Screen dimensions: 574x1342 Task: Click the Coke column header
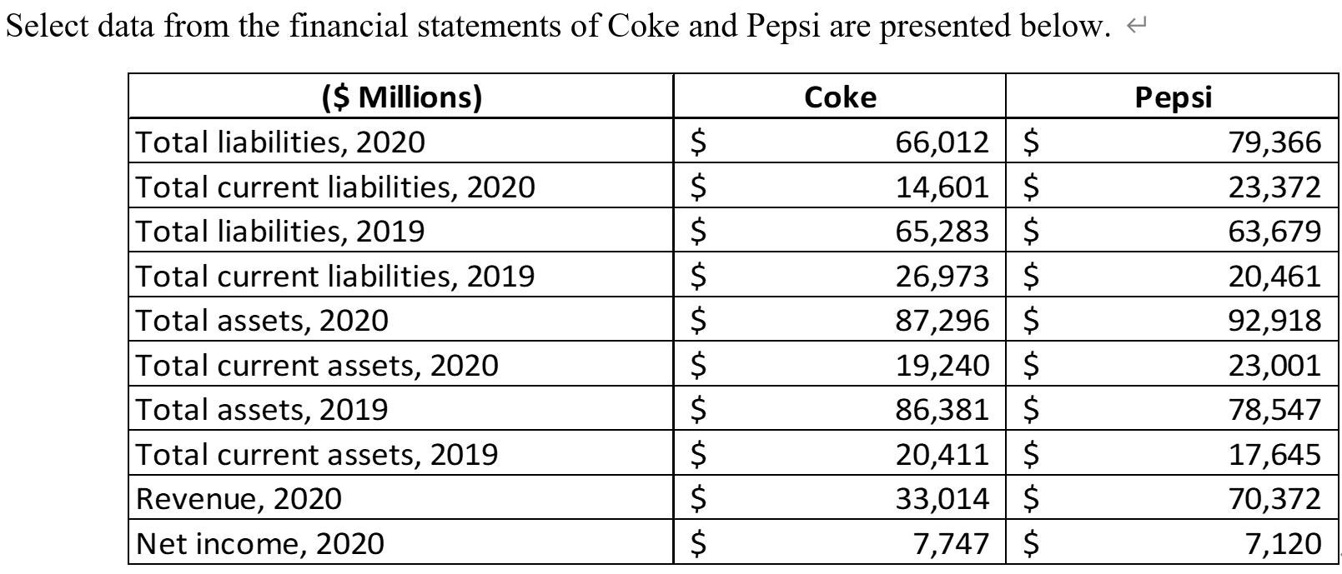(840, 97)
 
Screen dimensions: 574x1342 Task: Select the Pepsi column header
(1173, 97)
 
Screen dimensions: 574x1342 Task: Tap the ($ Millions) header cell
(401, 97)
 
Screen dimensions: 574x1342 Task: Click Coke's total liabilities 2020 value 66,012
(942, 142)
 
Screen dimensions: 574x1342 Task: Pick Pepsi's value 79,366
(1274, 142)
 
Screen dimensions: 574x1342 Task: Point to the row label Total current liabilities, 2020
(335, 187)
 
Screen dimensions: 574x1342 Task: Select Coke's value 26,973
(942, 276)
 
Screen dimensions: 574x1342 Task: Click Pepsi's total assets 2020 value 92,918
(1274, 321)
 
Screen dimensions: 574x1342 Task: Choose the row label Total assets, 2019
(262, 409)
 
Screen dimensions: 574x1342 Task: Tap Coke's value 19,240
(942, 365)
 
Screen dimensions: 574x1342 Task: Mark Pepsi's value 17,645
(1274, 454)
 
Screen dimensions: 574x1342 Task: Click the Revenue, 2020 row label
(239, 498)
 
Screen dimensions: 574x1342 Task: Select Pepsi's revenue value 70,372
(1274, 498)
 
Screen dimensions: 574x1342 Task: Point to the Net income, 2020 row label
(259, 543)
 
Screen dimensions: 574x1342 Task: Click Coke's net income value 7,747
(951, 543)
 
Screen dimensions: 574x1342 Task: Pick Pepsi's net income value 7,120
(1283, 543)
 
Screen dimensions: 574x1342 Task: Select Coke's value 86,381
(942, 409)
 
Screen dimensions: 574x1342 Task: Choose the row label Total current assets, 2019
(317, 454)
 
